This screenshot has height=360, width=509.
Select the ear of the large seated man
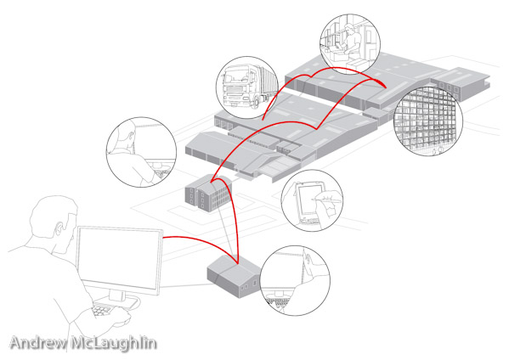click(59, 228)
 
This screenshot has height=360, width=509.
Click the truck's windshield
click(235, 76)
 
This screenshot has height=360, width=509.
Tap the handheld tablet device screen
click(308, 199)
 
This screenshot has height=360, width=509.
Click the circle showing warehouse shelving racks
click(428, 121)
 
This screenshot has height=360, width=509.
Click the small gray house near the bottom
click(235, 276)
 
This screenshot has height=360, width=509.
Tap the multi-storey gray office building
click(209, 193)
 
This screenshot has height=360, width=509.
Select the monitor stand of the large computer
click(118, 298)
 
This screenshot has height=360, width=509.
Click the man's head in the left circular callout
click(125, 135)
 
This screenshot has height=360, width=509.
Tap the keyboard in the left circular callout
click(162, 174)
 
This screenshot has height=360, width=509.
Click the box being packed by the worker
click(359, 64)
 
